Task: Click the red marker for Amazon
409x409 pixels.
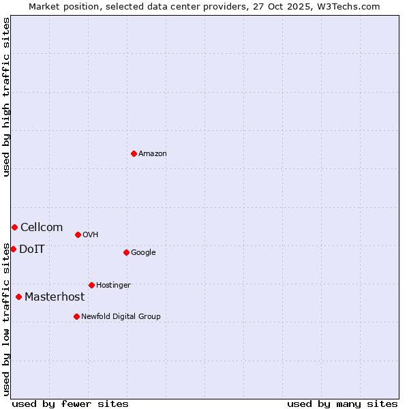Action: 134,153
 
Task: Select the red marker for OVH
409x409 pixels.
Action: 78,234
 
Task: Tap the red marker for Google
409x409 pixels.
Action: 126,252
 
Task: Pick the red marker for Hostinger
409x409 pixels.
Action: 91,285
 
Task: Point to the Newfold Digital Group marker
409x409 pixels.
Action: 76,316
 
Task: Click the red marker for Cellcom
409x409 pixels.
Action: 14,227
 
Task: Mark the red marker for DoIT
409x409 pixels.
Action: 13,249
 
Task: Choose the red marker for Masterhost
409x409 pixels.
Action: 18,297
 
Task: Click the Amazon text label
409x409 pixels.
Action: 153,153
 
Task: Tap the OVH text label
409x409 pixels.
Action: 91,234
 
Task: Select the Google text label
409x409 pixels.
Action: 143,252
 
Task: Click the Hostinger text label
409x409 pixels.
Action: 113,285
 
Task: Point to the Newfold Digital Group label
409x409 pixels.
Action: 121,316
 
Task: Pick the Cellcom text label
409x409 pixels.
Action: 42,227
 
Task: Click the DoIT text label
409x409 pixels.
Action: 32,249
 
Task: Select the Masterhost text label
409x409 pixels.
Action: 55,297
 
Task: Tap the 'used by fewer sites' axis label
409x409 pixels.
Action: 70,404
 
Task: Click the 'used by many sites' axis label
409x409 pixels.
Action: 342,404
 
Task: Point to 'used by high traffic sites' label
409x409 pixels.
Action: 6,97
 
